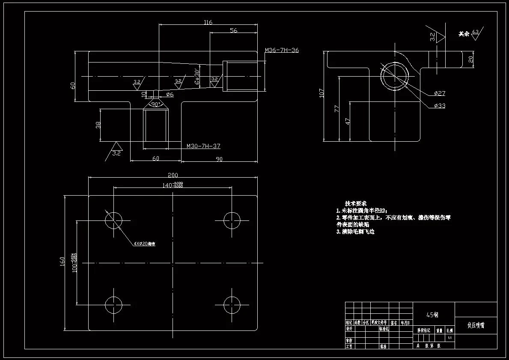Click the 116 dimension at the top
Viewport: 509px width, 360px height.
(208, 22)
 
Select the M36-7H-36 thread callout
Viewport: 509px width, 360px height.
(282, 51)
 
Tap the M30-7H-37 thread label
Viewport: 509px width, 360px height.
(203, 146)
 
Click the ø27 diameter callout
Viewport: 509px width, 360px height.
(439, 93)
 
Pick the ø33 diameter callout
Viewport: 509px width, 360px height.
(439, 106)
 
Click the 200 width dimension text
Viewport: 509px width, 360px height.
(173, 175)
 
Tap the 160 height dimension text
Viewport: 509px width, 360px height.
(63, 261)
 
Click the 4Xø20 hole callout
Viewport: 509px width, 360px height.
(144, 244)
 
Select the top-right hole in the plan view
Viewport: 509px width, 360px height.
(232, 220)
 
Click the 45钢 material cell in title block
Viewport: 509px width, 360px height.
(432, 315)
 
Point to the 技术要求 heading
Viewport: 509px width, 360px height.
(356, 203)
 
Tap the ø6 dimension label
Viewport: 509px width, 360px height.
(169, 94)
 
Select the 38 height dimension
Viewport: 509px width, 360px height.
(98, 125)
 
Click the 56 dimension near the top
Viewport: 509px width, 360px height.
(234, 30)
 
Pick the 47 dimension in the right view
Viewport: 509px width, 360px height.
(348, 121)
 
